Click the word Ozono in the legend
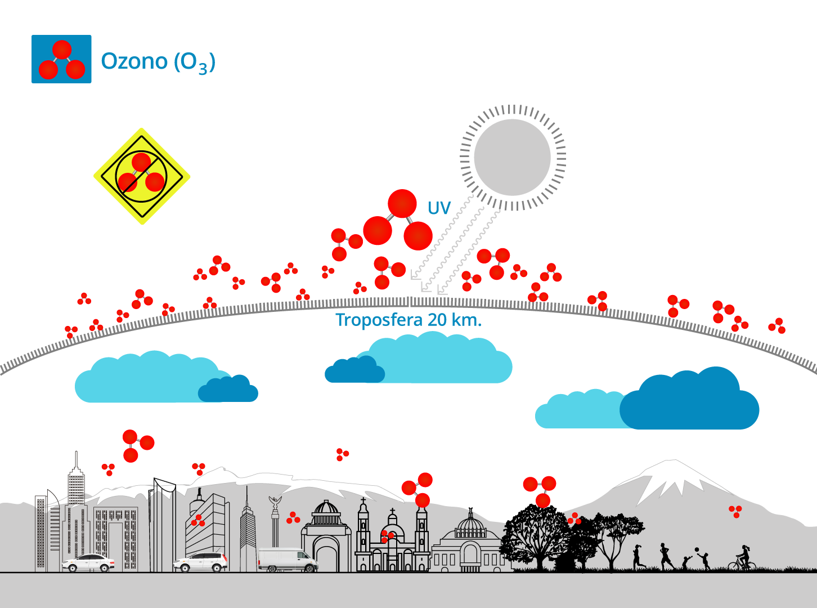(134, 61)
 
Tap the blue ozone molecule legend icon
(61, 59)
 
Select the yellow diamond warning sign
(142, 176)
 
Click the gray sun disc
(512, 158)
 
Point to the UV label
(439, 208)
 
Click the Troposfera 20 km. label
(408, 320)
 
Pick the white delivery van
(288, 560)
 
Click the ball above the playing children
(697, 550)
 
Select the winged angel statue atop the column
(275, 503)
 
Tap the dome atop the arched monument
(326, 510)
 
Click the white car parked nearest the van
(201, 562)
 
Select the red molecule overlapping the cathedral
(387, 535)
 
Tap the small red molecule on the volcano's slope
(735, 511)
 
